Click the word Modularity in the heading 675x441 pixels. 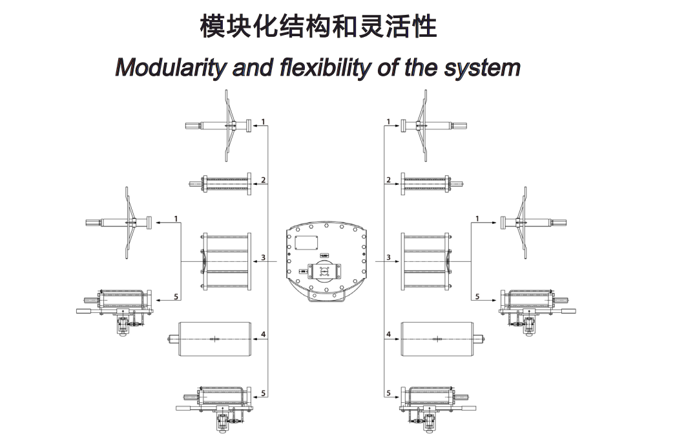170,67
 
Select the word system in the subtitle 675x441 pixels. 483,67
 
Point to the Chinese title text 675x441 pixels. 318,27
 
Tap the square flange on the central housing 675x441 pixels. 324,272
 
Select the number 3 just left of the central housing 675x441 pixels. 264,257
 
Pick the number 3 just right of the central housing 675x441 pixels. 388,257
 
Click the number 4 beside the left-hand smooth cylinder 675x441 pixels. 264,334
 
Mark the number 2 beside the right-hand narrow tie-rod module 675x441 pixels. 388,180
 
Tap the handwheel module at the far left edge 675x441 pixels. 119,222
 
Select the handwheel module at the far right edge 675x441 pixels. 532,222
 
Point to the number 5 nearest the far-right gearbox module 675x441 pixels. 477,296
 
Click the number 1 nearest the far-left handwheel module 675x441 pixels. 176,219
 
